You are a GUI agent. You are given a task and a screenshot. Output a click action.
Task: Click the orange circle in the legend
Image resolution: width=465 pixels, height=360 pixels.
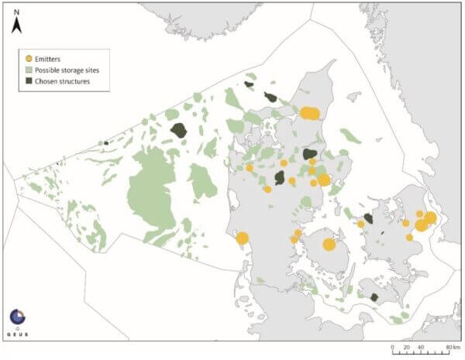[29, 58]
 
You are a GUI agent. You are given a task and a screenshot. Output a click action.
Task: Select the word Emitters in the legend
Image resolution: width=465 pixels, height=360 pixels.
[51, 58]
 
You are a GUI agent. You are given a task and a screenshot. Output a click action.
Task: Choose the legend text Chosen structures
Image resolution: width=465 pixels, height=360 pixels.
[67, 81]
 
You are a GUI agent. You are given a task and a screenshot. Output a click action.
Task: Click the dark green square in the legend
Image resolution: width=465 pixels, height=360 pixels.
[29, 81]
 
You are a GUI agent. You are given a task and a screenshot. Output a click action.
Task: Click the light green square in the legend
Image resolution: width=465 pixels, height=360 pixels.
[29, 70]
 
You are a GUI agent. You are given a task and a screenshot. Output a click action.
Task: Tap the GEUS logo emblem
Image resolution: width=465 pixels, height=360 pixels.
[17, 317]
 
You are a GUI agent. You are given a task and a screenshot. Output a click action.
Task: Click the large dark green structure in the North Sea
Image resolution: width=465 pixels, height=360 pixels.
[180, 129]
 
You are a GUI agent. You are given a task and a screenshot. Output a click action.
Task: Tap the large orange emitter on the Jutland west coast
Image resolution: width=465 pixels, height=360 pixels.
[242, 238]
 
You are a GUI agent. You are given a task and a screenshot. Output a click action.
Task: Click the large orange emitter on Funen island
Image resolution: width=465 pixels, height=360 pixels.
[329, 245]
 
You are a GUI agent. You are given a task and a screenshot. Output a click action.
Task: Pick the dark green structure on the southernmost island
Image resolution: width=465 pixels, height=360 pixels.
[372, 297]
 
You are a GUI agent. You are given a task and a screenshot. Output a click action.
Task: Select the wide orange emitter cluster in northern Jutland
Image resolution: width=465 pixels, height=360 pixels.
[309, 114]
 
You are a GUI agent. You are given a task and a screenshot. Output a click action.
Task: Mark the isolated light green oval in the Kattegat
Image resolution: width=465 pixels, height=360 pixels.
[350, 136]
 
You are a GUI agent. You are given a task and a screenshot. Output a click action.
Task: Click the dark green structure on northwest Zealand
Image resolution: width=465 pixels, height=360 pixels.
[369, 218]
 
